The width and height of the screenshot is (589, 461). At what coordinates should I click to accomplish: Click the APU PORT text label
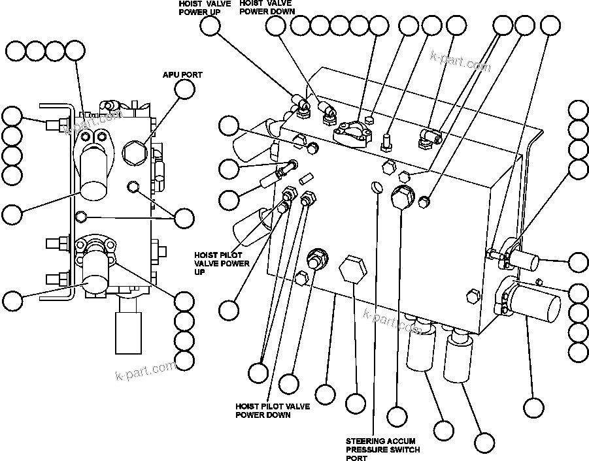tap(182, 75)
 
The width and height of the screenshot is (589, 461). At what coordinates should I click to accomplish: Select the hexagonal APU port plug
tap(134, 151)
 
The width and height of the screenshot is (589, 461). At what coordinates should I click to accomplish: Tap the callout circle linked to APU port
tap(184, 90)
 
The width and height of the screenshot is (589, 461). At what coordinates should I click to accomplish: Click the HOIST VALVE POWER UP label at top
tap(204, 7)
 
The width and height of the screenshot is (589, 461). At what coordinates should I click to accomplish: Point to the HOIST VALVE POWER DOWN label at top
tap(267, 7)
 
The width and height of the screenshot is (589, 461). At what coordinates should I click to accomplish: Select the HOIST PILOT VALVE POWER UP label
tap(222, 263)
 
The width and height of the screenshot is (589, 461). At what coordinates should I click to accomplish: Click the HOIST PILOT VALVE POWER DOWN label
tap(273, 410)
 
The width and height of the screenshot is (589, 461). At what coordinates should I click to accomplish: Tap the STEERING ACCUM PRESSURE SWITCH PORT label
tap(382, 449)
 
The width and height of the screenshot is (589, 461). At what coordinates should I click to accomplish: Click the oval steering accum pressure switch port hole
tap(376, 187)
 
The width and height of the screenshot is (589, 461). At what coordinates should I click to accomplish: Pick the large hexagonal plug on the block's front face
tap(351, 270)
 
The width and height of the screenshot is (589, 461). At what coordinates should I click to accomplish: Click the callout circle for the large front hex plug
tap(355, 403)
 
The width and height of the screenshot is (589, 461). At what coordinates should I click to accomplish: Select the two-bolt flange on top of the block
tap(352, 131)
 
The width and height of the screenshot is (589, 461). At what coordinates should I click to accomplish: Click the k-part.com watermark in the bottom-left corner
tap(145, 372)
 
